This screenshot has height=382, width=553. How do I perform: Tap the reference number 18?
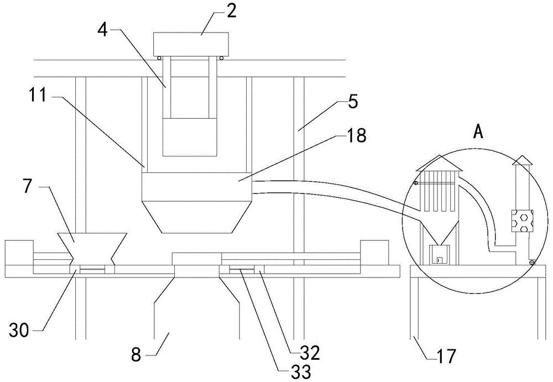pyautogui.click(x=357, y=136)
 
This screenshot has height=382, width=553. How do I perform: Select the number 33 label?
pyautogui.click(x=300, y=371)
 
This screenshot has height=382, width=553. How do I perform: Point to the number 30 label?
pyautogui.click(x=19, y=331)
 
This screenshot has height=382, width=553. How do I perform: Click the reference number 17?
pyautogui.click(x=446, y=356)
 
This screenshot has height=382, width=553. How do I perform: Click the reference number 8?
pyautogui.click(x=136, y=354)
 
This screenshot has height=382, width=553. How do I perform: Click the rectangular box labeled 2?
pyautogui.click(x=191, y=44)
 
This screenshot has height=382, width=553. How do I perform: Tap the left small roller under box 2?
pyautogui.click(x=159, y=59)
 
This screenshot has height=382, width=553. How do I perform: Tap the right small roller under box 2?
pyautogui.click(x=222, y=59)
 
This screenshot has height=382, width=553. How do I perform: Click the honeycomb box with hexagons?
pyautogui.click(x=523, y=221)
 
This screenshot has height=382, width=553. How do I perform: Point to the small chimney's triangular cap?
pyautogui.click(x=521, y=160)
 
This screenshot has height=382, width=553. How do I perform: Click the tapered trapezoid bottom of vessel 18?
pyautogui.click(x=196, y=217)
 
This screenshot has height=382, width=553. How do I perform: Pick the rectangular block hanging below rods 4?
pyautogui.click(x=189, y=137)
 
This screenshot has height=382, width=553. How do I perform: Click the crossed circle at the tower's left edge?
pyautogui.click(x=416, y=183)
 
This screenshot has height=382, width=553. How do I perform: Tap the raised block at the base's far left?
pyautogui.click(x=19, y=253)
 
